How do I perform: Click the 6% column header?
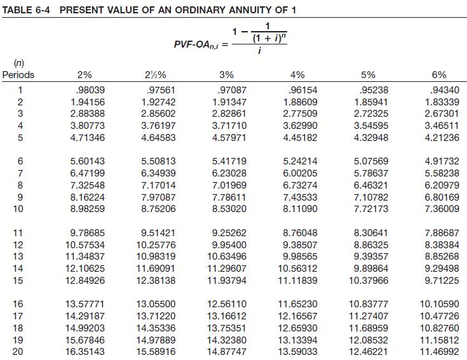(x=439, y=75)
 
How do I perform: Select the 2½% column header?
(x=156, y=75)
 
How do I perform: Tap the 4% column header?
(x=297, y=75)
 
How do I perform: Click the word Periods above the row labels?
(x=18, y=75)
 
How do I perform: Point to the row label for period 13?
(x=18, y=257)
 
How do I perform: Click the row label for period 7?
(x=20, y=173)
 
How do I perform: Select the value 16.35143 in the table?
(x=85, y=352)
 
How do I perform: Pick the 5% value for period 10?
(x=371, y=209)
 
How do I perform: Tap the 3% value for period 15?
(x=227, y=280)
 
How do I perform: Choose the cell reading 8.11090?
(x=300, y=209)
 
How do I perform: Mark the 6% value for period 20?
(x=440, y=352)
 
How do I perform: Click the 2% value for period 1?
(x=90, y=90)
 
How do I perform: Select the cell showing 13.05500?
(x=156, y=304)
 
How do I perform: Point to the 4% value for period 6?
(x=300, y=161)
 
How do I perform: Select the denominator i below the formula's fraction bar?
(x=259, y=51)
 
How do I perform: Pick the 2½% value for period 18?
(x=156, y=328)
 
